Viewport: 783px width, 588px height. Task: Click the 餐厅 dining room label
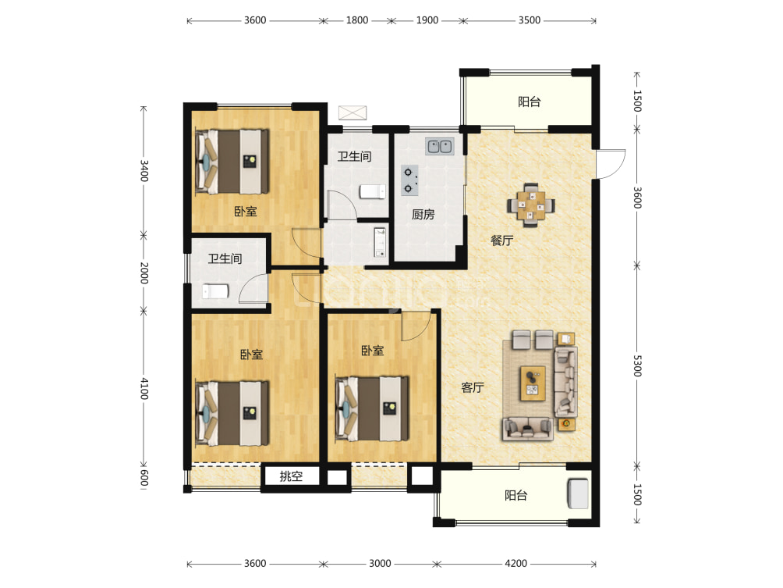coord(502,241)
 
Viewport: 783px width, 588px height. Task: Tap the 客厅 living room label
coord(473,387)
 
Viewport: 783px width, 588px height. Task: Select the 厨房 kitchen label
coord(423,215)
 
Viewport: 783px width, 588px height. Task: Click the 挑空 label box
coord(291,476)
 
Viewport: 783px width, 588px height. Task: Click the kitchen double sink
coord(440,147)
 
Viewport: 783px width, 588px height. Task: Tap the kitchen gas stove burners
coord(409,180)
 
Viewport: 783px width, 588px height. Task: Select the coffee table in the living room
coord(533,383)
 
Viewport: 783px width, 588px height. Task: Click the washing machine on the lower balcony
coord(578,494)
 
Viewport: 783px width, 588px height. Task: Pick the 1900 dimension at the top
coord(427,20)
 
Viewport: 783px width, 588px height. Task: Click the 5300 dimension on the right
coord(637,366)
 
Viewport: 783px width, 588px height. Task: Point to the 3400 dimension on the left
coord(143,170)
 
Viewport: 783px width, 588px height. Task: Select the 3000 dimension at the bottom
coord(380,564)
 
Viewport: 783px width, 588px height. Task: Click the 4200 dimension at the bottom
coord(516,564)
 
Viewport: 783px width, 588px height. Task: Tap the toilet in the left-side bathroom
coord(215,291)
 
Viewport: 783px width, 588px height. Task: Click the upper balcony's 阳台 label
coord(530,102)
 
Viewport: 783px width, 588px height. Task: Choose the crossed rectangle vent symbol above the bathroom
coord(353,112)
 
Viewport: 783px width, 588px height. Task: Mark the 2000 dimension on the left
coord(143,273)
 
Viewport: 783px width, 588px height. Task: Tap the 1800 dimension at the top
coord(357,20)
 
